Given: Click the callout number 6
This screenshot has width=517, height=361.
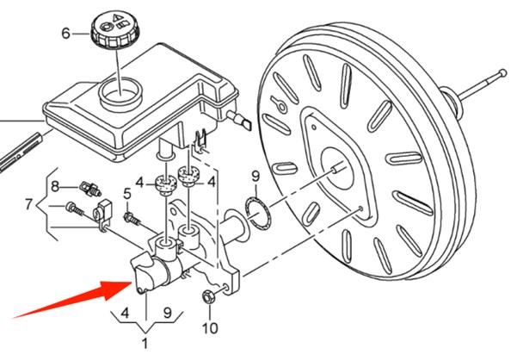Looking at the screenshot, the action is [66, 34].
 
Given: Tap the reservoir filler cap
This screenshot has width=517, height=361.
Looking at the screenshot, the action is [115, 29].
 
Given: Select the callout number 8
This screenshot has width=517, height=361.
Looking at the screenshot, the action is [55, 187].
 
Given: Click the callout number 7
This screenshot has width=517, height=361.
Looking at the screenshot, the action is [29, 204].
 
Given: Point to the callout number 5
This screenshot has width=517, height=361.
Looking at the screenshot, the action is [127, 194].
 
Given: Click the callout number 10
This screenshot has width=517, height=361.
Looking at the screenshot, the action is [210, 328].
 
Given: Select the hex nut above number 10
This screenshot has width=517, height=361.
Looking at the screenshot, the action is [208, 296].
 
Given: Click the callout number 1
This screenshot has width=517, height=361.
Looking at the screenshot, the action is [145, 344].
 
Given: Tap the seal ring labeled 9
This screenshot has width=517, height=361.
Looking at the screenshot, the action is [258, 213].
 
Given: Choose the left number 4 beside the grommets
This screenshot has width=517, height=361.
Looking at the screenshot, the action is [140, 183].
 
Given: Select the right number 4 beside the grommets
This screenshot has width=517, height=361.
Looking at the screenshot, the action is [211, 182].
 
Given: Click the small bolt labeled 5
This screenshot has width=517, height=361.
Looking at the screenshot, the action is [132, 219].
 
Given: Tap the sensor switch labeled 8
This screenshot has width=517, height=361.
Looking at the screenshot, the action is [90, 189].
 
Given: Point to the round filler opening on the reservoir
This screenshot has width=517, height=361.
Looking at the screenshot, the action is [120, 91].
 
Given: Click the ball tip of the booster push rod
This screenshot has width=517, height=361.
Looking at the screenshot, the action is [502, 72].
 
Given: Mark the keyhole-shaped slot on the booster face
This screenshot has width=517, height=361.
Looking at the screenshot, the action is [279, 103].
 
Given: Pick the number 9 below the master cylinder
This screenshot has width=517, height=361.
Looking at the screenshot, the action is [168, 312].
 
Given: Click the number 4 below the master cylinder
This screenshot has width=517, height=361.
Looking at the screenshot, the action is [125, 312].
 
